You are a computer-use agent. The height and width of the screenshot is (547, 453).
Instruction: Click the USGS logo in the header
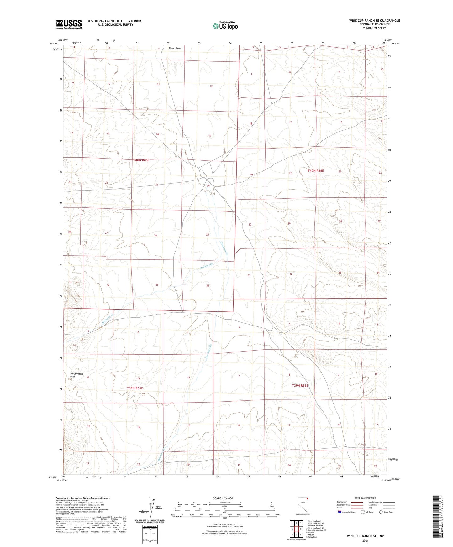pos(69,24)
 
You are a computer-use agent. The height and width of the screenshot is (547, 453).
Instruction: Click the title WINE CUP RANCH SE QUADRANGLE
pos(374,21)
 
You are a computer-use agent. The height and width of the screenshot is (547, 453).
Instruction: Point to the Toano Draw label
pos(175,49)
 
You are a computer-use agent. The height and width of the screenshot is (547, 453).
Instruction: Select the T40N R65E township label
pos(142,160)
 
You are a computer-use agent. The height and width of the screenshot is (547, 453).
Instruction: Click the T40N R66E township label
pos(316,171)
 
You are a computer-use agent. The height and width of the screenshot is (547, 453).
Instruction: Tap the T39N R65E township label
pos(135,388)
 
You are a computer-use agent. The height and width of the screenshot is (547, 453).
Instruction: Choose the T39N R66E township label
pos(300,386)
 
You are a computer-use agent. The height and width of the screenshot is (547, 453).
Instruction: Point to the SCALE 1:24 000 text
pos(223,498)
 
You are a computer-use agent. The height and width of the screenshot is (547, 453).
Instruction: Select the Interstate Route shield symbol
pos(340,512)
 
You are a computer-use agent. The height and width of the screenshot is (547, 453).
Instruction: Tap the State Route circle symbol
pos(381,512)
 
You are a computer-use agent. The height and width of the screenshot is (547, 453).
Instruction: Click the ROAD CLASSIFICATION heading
pos(365,498)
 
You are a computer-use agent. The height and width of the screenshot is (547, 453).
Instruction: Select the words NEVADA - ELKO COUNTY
pos(374,24)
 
